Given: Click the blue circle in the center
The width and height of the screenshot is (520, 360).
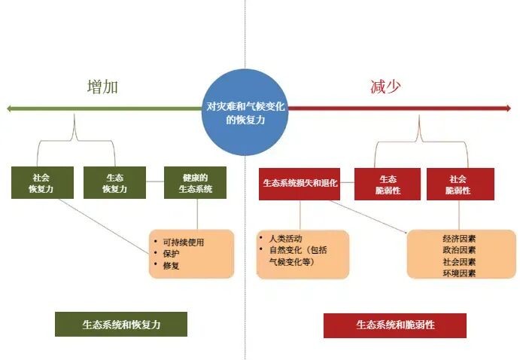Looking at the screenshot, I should [x=245, y=111].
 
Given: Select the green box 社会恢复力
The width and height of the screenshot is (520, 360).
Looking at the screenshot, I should [x=42, y=184].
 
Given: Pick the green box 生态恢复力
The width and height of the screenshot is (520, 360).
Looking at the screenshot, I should [x=115, y=184].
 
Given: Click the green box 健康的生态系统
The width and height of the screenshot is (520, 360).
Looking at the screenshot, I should [x=195, y=184].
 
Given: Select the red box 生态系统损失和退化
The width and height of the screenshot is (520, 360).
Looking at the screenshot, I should [x=300, y=184].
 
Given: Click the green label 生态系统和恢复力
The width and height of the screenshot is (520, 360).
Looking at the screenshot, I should [x=120, y=324].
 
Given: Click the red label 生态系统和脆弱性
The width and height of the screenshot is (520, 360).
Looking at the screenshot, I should [x=395, y=325].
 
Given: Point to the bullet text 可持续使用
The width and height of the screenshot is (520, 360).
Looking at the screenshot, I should [x=183, y=242].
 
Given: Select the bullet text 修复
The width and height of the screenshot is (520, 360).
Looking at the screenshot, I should [x=171, y=266].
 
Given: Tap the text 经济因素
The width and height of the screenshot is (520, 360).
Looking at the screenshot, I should [x=459, y=239].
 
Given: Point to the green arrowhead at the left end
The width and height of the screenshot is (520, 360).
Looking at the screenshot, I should [x=10, y=109].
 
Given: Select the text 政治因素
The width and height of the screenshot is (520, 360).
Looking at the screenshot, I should [x=459, y=250].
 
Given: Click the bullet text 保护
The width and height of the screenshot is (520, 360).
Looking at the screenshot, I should [x=171, y=254].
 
